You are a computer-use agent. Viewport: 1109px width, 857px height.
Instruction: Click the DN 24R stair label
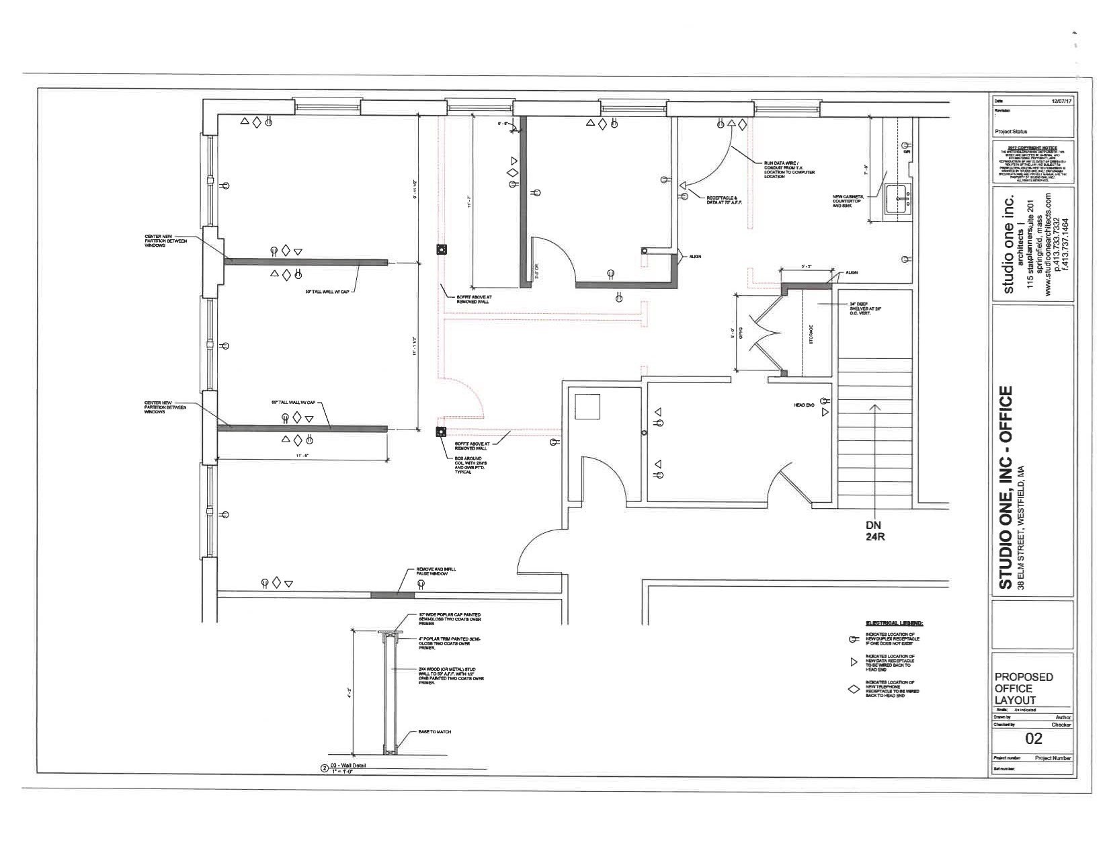tap(874, 531)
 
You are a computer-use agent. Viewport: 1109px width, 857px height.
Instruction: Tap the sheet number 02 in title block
tap(1033, 739)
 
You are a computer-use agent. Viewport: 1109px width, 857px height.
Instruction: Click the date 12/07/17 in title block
tap(1061, 100)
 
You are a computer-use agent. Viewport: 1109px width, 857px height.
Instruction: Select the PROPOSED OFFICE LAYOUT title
tap(1024, 688)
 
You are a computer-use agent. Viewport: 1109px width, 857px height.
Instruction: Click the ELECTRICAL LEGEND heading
tap(894, 623)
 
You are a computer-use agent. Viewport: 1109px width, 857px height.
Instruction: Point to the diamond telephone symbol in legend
tap(854, 690)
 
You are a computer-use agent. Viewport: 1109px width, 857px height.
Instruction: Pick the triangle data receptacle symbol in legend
tap(854, 662)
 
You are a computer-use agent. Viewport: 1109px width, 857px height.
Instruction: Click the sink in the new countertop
tap(898, 198)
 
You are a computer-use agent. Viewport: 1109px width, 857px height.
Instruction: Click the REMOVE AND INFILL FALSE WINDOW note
tap(436, 572)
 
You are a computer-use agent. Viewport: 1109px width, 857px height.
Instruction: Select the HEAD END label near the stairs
tap(804, 405)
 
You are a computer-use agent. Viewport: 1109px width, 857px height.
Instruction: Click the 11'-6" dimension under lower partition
tap(302, 456)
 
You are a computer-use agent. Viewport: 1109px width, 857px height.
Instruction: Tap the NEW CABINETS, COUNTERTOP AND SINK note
tap(847, 201)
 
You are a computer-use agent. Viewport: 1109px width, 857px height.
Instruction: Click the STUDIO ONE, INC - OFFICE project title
tap(1005, 487)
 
